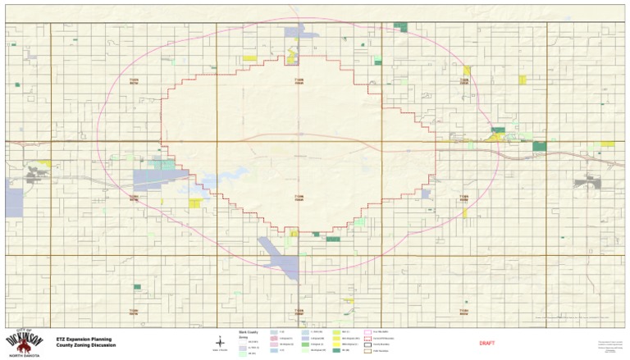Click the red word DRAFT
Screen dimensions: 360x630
[x=487, y=343]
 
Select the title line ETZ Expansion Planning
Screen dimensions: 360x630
[x=84, y=338]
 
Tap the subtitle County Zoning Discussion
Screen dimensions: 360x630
[x=86, y=345]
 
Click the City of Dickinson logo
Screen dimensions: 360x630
[x=25, y=341]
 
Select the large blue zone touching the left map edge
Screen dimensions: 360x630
[x=14, y=198]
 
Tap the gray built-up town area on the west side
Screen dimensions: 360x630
[x=35, y=173]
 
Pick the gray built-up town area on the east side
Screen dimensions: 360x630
[x=587, y=183]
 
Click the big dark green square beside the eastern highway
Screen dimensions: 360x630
[x=539, y=146]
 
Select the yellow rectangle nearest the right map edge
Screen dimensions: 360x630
[x=607, y=144]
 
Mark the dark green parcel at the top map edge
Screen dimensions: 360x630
[x=400, y=27]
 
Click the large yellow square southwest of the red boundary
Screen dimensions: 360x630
[x=194, y=203]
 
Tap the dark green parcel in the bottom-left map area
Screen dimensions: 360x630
[x=137, y=287]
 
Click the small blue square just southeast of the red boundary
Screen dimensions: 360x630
[x=426, y=194]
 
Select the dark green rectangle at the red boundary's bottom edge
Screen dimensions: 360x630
[x=333, y=239]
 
